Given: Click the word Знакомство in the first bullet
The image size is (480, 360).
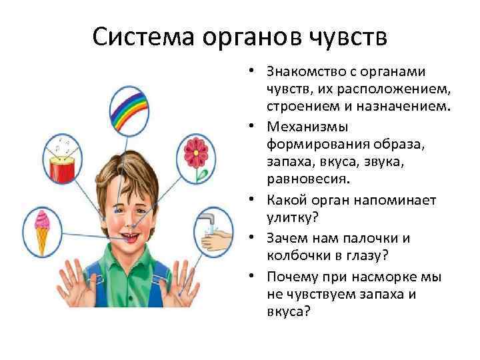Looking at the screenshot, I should pos(306,71).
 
